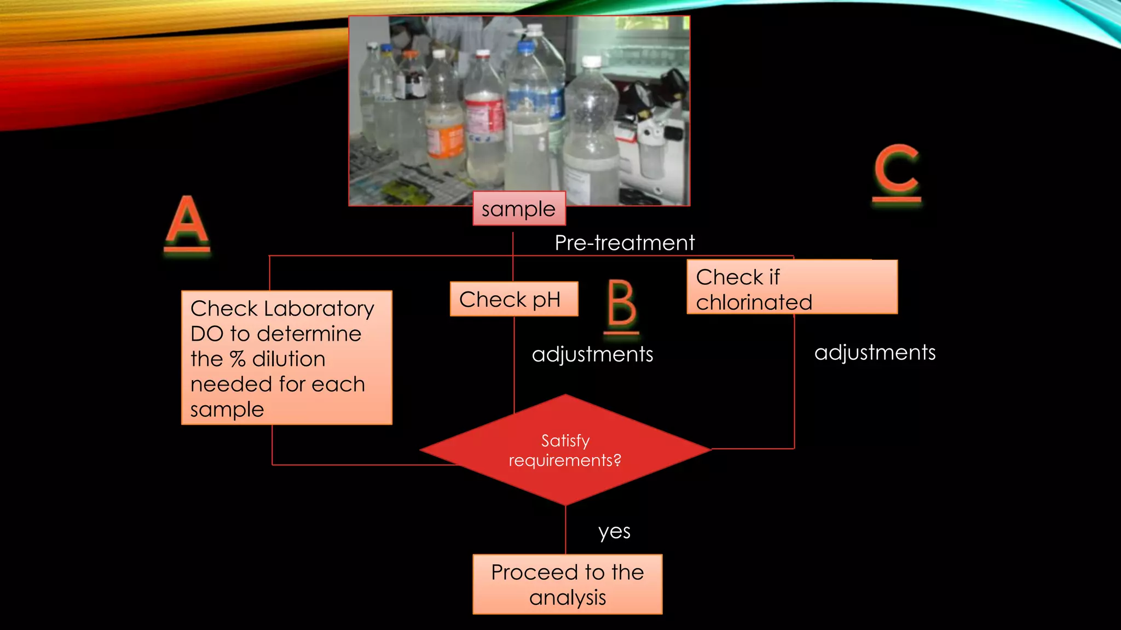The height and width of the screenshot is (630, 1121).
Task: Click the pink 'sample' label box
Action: coord(518,208)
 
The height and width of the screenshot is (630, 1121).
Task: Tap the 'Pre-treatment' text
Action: coord(624,243)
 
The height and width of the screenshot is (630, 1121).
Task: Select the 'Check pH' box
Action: coord(513,299)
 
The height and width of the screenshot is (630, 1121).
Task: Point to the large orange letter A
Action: coord(187,221)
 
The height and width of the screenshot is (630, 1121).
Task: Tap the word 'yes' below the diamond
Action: coord(614,532)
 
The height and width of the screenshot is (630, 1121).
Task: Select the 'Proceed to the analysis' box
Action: coord(567,585)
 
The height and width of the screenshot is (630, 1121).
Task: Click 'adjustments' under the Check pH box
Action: coord(592,354)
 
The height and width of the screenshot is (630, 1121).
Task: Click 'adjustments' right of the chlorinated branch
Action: coord(875,353)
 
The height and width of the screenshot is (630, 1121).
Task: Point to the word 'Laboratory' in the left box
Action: coord(319,309)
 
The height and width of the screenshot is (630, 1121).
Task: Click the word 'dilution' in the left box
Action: coord(288,359)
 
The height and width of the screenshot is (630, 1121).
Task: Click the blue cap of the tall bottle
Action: coord(525,48)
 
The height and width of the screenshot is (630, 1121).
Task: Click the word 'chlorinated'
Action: coord(754,302)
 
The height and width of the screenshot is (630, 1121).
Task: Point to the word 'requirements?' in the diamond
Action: coord(565,460)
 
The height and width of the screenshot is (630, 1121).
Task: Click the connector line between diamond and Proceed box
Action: coord(565,529)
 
